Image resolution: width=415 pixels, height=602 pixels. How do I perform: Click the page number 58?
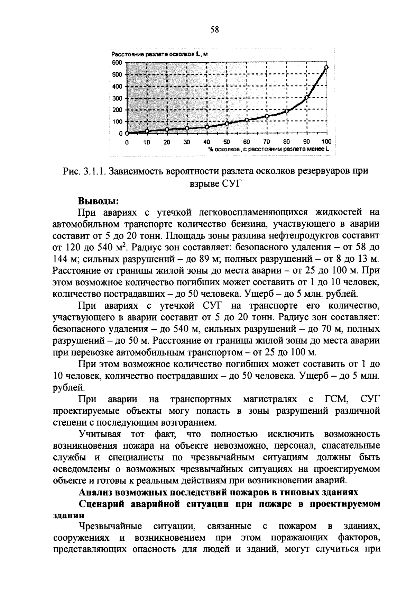click(x=214, y=30)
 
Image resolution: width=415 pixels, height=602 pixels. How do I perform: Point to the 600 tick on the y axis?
click(x=118, y=62)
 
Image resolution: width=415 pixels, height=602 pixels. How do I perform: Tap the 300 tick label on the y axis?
click(x=118, y=98)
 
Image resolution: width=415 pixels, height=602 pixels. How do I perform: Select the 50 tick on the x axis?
click(x=227, y=142)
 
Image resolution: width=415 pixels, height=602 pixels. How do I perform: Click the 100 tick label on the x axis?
click(x=326, y=142)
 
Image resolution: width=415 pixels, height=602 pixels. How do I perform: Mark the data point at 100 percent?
click(x=326, y=67)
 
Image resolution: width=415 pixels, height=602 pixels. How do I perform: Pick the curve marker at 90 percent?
click(x=306, y=97)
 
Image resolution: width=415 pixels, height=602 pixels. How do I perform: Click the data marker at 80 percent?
click(x=286, y=111)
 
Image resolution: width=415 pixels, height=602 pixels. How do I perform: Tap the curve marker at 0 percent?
click(x=127, y=133)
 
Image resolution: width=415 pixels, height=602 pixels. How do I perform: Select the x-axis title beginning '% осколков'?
click(x=268, y=149)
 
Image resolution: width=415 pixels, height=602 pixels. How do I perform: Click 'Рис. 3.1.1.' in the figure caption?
click(x=84, y=171)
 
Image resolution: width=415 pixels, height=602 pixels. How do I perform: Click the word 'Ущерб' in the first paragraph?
click(x=259, y=294)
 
